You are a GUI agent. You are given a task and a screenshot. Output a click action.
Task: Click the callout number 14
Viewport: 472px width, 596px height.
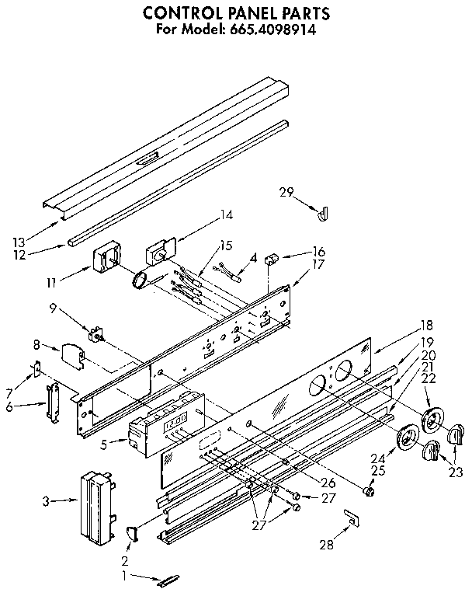point(226,214)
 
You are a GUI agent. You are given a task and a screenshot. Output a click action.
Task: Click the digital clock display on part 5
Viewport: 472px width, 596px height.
point(175,420)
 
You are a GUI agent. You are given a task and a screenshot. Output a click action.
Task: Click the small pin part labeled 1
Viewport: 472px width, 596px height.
point(168,580)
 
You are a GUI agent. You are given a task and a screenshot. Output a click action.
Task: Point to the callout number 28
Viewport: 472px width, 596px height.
point(328,545)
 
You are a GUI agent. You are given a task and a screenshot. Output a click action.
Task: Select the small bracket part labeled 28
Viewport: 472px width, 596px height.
point(352,516)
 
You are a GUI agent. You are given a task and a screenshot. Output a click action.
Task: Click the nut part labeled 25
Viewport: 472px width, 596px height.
point(370,491)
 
